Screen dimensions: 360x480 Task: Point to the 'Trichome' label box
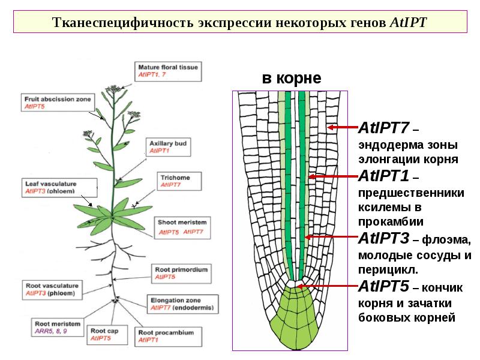[178, 181]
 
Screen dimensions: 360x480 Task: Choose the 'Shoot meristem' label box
[182, 227]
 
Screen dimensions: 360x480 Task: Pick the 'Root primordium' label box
[181, 273]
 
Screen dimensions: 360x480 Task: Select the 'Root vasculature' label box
[52, 289]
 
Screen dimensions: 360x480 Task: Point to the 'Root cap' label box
[109, 334]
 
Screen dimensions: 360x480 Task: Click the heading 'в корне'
[291, 78]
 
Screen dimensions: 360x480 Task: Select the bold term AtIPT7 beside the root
[383, 128]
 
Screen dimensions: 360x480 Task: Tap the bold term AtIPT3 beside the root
[383, 238]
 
